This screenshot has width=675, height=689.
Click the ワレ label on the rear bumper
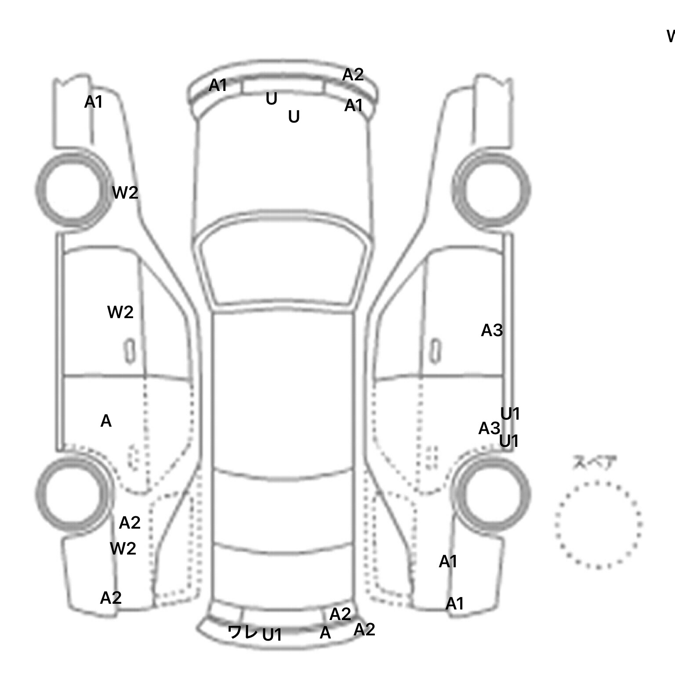[x=242, y=632]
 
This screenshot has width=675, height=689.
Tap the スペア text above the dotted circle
[x=588, y=463]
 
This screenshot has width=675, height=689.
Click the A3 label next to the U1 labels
[x=489, y=428]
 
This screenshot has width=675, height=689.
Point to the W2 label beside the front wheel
[x=125, y=192]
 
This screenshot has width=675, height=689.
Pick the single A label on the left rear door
[x=106, y=421]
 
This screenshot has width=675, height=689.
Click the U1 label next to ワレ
[x=272, y=635]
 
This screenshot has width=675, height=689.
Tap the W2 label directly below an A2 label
[x=123, y=548]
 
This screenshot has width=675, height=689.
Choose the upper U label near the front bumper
[x=272, y=99]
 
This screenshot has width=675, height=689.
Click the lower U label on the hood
[x=294, y=117]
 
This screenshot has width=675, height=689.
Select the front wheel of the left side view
[x=73, y=190]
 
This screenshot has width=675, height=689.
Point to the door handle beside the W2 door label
[x=130, y=351]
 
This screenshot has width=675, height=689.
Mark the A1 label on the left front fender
[x=93, y=102]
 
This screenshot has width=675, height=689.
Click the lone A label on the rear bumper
[x=325, y=633]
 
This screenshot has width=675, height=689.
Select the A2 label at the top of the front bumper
[x=353, y=75]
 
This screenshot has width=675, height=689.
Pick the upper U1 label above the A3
[x=510, y=413]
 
